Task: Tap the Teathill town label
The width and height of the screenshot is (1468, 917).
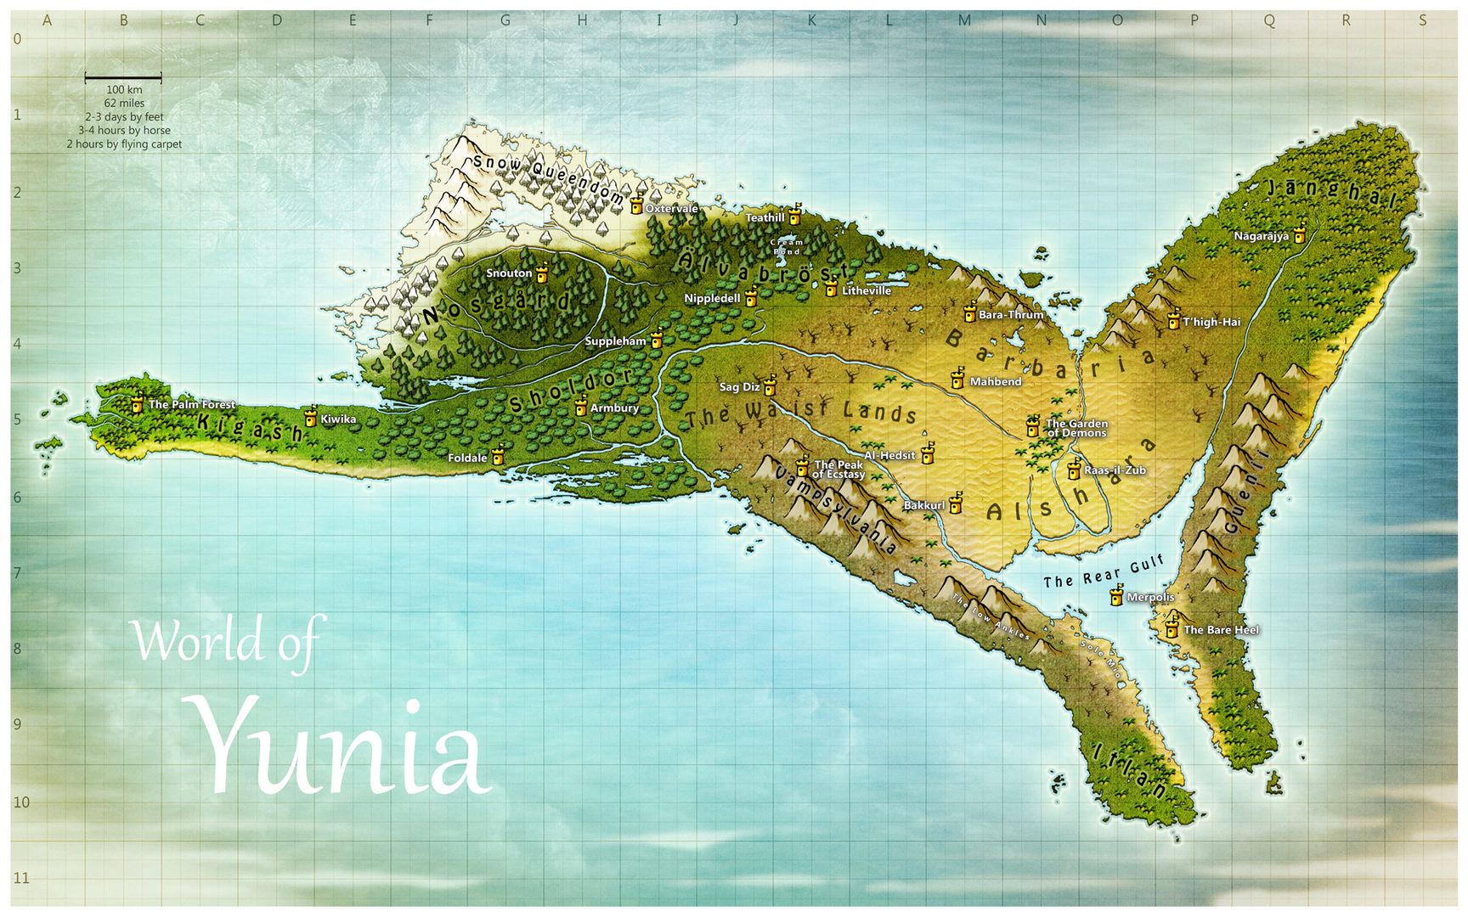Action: [x=765, y=218]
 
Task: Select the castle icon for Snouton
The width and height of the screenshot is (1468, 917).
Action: [x=541, y=272]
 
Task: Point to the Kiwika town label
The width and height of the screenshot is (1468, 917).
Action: [x=338, y=419]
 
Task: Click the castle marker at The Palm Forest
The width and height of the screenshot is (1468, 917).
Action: [x=137, y=404]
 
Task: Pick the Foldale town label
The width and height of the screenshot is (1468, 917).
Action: [x=468, y=458]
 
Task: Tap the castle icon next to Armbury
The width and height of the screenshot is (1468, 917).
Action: [x=580, y=407]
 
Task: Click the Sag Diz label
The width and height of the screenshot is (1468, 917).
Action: [x=739, y=387]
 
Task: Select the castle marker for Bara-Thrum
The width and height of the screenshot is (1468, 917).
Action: [x=969, y=312]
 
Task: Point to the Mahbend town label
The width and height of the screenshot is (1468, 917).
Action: [x=996, y=382]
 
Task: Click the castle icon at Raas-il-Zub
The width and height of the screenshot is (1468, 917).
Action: [x=1074, y=469]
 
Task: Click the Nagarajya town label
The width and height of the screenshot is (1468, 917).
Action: [x=1262, y=236]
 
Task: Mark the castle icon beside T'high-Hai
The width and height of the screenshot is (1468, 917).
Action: [x=1173, y=320]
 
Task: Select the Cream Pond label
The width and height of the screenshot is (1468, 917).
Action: [x=787, y=247]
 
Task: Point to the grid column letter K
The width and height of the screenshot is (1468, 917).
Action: [x=811, y=20]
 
